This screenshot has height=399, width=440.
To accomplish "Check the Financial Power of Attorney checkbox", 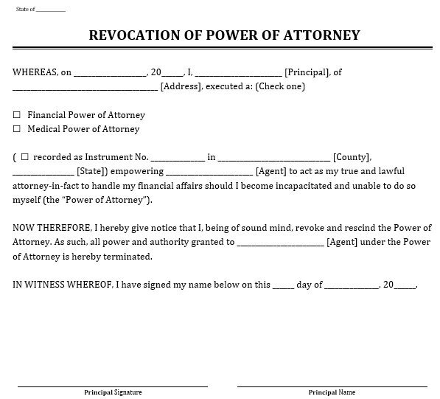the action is pyautogui.click(x=17, y=116).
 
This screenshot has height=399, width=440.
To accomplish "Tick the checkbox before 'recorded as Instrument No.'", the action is pyautogui.click(x=25, y=157).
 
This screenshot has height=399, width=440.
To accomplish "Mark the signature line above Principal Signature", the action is pyautogui.click(x=112, y=385).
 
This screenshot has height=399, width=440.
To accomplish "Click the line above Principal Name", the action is pyautogui.click(x=332, y=385).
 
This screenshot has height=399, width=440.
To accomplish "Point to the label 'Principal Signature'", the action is pyautogui.click(x=112, y=392).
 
